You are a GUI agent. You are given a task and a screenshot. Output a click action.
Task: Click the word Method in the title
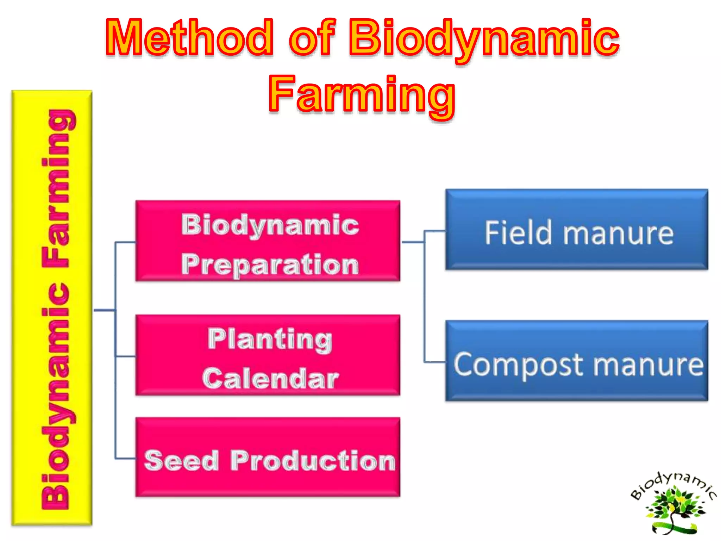189,38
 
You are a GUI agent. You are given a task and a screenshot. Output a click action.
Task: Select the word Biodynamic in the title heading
484,38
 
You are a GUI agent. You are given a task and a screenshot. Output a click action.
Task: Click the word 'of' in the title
312,38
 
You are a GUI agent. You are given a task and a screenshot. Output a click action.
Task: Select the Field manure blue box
576,230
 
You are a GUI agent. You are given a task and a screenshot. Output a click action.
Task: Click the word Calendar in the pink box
270,379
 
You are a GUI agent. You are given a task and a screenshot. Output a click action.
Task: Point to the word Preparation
270,265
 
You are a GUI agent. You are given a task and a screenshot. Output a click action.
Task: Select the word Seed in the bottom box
181,461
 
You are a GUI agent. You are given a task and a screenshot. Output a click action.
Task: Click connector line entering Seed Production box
125,458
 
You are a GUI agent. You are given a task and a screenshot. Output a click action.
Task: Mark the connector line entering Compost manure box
434,362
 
